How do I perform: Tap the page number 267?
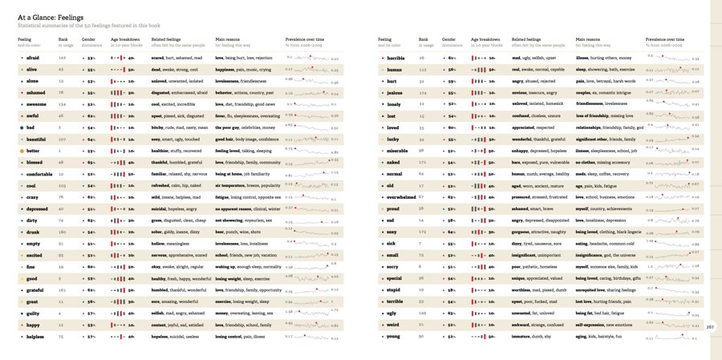[x=710, y=326]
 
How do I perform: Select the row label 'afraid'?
[x=34, y=59]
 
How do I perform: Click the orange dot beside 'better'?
[x=20, y=151]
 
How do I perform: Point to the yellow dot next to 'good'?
[x=20, y=279]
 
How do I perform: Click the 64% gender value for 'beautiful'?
[x=91, y=140]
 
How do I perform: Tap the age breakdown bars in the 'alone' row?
[x=120, y=82]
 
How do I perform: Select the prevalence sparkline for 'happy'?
[x=311, y=326]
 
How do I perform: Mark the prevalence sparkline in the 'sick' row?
[x=672, y=244]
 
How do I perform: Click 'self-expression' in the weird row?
[x=591, y=326]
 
